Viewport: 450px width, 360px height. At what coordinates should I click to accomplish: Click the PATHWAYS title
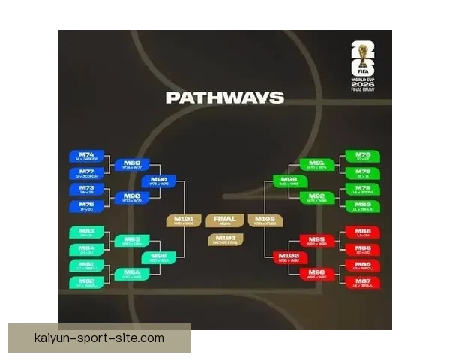(x=224, y=97)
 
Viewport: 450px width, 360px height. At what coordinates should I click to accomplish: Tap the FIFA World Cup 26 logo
(x=364, y=64)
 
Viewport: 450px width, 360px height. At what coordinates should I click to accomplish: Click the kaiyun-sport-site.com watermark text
(x=99, y=338)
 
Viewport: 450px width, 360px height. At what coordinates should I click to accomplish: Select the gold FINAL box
(x=224, y=220)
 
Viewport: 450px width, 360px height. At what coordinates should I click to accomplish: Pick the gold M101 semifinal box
(x=184, y=220)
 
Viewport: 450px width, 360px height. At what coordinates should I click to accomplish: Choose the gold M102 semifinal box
(x=265, y=220)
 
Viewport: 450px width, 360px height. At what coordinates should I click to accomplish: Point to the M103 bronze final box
(x=224, y=239)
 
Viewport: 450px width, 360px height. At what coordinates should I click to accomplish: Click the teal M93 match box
(x=132, y=241)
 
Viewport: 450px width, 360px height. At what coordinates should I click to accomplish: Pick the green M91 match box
(x=317, y=164)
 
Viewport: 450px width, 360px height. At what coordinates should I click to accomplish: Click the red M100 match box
(x=289, y=257)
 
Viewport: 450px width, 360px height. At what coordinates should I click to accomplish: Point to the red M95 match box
(x=317, y=241)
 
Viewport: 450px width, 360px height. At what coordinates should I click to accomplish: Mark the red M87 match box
(x=363, y=283)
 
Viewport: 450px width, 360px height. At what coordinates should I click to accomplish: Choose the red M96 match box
(x=317, y=274)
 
